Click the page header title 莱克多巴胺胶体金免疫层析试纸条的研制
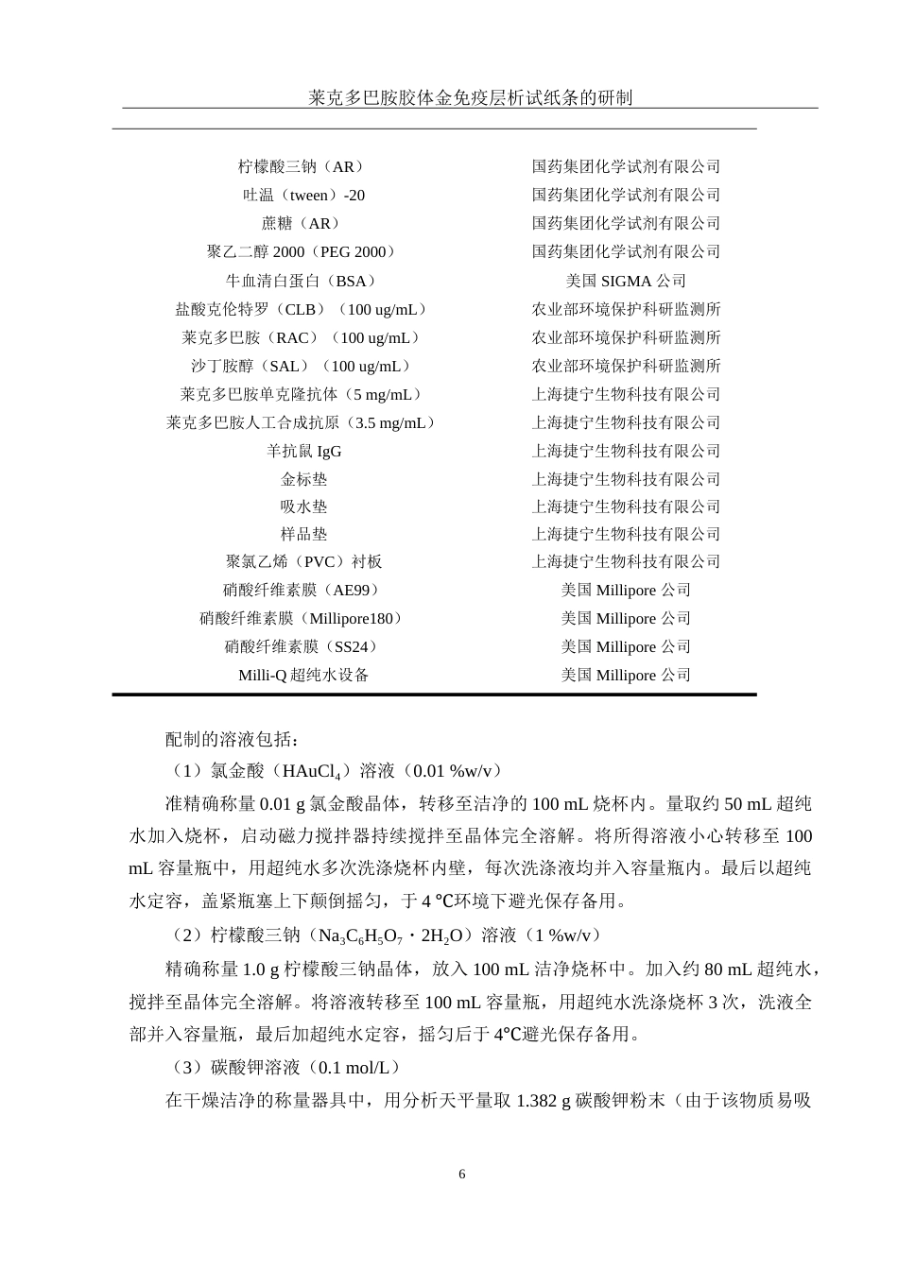[x=471, y=97]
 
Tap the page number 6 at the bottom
[x=461, y=1175]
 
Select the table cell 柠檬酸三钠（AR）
[x=302, y=167]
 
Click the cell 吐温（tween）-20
[x=303, y=196]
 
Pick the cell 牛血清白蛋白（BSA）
[x=302, y=281]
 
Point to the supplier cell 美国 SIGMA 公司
[x=626, y=281]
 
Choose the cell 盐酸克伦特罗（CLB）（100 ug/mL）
[x=302, y=309]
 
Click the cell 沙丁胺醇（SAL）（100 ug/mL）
[x=302, y=366]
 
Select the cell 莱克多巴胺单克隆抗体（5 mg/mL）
[x=302, y=394]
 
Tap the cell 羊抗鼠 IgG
[x=303, y=452]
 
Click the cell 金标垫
[x=303, y=479]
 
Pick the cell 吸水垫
[x=303, y=506]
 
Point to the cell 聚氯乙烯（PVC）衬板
[x=303, y=561]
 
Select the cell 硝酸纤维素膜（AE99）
[x=302, y=590]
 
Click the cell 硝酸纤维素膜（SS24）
[x=302, y=646]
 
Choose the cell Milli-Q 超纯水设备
[x=303, y=675]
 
